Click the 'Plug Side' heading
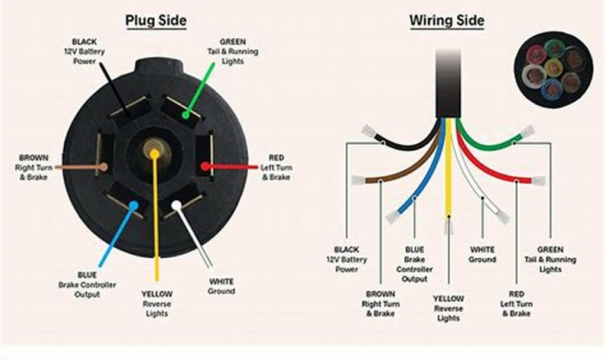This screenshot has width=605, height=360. pyautogui.click(x=155, y=21)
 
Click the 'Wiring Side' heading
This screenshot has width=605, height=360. pyautogui.click(x=447, y=21)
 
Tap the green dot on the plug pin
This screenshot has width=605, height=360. pyautogui.click(x=186, y=114)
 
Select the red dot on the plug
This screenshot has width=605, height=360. pyautogui.click(x=204, y=167)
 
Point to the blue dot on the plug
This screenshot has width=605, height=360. pyautogui.click(x=134, y=206)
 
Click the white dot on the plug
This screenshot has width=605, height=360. pyautogui.click(x=176, y=205)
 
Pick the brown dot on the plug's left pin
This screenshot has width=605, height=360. pyautogui.click(x=104, y=167)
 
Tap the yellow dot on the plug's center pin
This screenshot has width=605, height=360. pyautogui.click(x=154, y=154)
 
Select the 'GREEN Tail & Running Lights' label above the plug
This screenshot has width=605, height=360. pyautogui.click(x=233, y=51)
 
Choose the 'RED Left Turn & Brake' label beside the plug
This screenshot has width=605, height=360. pyautogui.click(x=276, y=167)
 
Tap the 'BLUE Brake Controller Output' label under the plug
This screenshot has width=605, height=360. pyautogui.click(x=87, y=285)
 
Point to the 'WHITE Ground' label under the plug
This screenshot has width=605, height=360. pyautogui.click(x=221, y=286)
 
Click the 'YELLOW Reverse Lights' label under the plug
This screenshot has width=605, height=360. pyautogui.click(x=157, y=303)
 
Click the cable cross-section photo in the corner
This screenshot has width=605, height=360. pyautogui.click(x=552, y=69)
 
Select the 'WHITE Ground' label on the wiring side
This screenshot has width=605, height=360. pyautogui.click(x=482, y=255)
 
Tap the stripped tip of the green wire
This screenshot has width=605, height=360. pyautogui.click(x=527, y=131)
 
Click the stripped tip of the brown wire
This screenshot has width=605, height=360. pyautogui.click(x=358, y=180)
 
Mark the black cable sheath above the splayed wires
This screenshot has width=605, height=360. pyautogui.click(x=448, y=83)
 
